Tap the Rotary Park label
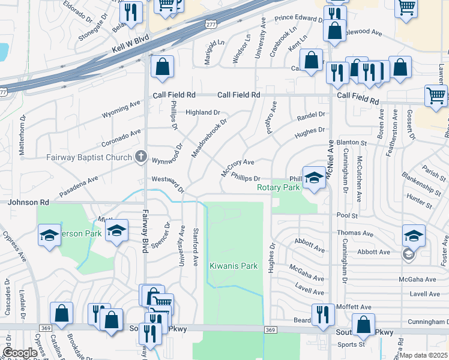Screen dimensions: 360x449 [x=278, y=188]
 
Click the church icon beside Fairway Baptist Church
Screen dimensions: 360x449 [x=141, y=157]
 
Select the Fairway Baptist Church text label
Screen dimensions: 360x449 [x=89, y=158]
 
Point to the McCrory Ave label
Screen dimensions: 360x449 [x=238, y=167]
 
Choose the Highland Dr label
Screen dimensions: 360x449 [x=203, y=112]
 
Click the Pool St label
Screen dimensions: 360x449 [x=347, y=214]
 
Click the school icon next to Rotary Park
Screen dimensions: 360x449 [x=313, y=177]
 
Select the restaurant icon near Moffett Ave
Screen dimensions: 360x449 [x=323, y=314]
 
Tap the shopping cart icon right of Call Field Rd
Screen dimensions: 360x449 [x=435, y=95]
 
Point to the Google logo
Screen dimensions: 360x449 [x=20, y=353]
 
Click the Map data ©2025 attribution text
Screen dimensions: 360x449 [x=423, y=355]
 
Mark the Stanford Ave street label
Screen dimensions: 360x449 [x=195, y=247]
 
